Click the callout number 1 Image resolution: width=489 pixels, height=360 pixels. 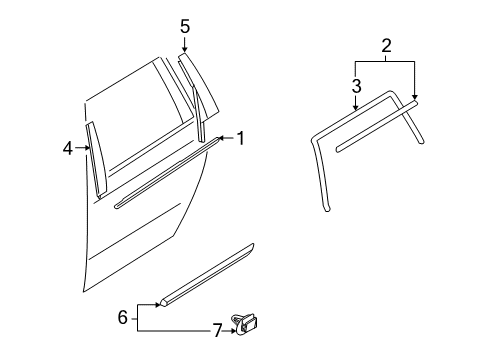pos(240,138)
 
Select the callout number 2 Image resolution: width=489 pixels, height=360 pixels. pos(386,46)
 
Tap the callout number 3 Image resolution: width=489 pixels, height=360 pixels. pos(356,86)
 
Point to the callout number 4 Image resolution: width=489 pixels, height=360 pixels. pos(68,148)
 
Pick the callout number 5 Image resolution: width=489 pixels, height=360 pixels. pos(185,26)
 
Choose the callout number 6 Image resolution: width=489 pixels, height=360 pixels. pos(123,317)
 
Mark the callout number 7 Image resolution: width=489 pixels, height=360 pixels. pos(217,331)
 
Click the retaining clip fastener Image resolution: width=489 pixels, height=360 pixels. pos(245,324)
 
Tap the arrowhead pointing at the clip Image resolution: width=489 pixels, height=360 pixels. pos(233,331)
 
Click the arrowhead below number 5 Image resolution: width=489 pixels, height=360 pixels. pos(184,49)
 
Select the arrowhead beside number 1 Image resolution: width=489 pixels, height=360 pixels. pos(220,138)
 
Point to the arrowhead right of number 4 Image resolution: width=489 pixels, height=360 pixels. pos(87,147)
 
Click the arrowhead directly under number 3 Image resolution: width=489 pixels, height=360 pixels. pos(356,107)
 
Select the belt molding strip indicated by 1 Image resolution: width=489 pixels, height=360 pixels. pos(167,173)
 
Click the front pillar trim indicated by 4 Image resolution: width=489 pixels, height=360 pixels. pos(96,159)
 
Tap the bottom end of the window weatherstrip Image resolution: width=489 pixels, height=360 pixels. pos(327,209)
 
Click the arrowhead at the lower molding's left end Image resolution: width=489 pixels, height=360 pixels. pos(158,305)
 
